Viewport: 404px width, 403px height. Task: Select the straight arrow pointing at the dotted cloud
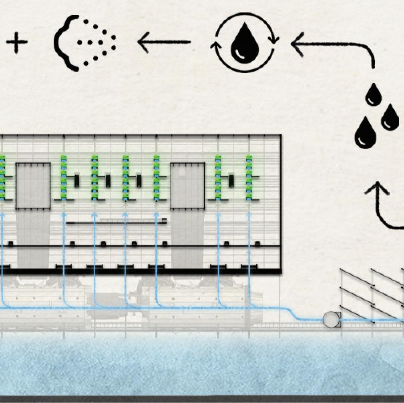coord(164,42)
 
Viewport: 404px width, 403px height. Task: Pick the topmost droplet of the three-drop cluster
coord(374,94)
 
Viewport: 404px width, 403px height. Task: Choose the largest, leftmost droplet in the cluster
coord(365,132)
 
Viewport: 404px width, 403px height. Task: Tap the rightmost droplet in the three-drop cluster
coord(390,116)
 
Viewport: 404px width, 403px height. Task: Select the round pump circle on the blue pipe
coord(331,320)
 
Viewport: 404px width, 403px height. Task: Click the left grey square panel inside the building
coord(33,185)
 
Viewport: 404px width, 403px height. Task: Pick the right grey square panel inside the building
coord(187,185)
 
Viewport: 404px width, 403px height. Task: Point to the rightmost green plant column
coord(249,177)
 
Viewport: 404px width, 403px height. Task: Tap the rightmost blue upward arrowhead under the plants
coord(249,215)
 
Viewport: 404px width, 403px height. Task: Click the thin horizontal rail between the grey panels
coord(116,222)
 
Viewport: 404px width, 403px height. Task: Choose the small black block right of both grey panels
coord(231,181)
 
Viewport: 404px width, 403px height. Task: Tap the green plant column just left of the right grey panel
coord(156,177)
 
